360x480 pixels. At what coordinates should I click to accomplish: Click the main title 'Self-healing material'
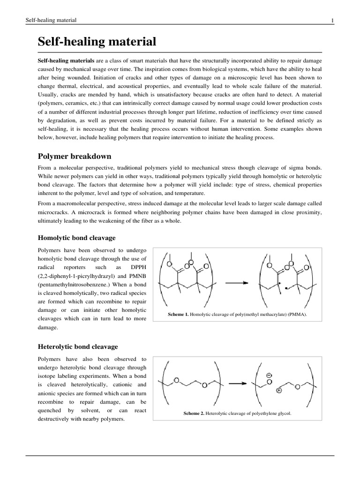tap(97, 42)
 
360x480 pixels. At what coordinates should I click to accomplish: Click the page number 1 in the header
tap(332, 20)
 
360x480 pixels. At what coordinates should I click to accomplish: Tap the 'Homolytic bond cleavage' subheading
tap(76, 238)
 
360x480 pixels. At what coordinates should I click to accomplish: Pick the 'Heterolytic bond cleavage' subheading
tap(78, 346)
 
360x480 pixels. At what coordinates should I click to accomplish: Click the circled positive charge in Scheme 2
tap(279, 391)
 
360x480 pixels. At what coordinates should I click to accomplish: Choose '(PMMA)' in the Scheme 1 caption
tap(297, 314)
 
